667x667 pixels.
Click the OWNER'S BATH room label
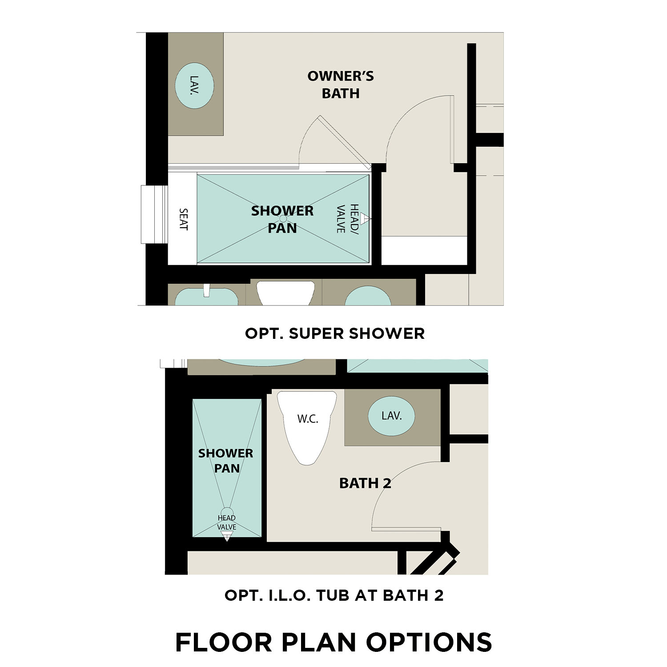pos(341,84)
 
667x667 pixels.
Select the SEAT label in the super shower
pos(183,219)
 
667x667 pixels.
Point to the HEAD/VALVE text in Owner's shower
pos(347,219)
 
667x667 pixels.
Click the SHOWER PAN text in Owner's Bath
pos(282,219)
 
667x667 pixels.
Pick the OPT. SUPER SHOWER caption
pos(334,333)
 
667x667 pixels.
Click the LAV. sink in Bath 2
pos(392,416)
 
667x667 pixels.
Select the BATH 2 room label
pos(365,483)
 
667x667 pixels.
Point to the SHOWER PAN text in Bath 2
pos(226,461)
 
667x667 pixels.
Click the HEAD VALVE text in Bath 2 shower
pos(226,522)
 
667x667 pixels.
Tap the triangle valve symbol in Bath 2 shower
pos(227,536)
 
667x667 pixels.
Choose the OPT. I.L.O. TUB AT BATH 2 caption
pos(334,595)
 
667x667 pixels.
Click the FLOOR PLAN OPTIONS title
pos(333,643)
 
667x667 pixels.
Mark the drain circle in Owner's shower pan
pos(283,219)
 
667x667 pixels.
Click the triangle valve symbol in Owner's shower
pos(366,218)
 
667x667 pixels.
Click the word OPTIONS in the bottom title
pos(429,643)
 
